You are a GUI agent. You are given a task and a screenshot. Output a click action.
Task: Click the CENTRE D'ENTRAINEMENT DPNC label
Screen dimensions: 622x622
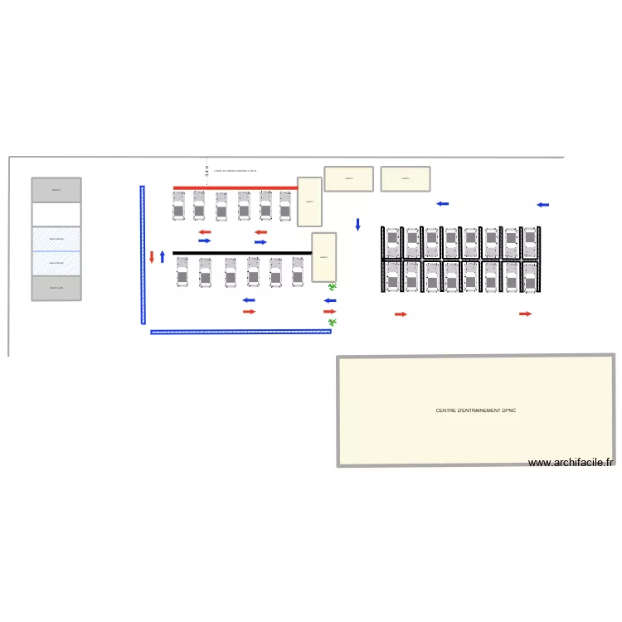pos(475,411)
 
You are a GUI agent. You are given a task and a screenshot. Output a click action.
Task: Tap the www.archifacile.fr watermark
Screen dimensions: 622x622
pos(571,463)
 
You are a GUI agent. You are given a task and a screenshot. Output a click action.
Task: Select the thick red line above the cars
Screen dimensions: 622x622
pos(235,188)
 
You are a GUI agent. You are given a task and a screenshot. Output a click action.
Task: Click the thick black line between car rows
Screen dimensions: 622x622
pos(241,253)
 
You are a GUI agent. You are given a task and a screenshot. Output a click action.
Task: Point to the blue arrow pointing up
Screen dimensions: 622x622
pos(163,256)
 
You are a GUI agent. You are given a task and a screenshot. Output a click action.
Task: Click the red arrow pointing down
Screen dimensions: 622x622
pos(152,257)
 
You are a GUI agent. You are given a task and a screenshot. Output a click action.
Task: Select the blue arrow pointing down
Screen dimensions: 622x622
pos(358,224)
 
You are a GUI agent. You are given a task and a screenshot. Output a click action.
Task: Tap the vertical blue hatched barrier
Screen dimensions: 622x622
pos(142,254)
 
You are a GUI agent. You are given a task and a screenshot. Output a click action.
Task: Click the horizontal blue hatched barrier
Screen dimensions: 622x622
pos(241,332)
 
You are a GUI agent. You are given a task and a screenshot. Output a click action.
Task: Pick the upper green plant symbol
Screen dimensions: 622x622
pos(333,287)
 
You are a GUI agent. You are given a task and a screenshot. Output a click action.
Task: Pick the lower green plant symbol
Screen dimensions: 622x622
pos(333,322)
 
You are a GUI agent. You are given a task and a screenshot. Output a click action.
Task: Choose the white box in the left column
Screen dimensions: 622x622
pos(56,214)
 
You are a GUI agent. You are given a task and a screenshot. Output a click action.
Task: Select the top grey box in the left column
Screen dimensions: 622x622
pos(56,190)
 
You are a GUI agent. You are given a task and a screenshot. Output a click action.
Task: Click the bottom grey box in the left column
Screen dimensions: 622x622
pos(56,288)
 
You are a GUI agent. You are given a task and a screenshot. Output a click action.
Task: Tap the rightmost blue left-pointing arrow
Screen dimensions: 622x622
pos(543,205)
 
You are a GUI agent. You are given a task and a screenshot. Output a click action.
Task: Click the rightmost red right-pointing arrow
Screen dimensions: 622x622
pos(525,314)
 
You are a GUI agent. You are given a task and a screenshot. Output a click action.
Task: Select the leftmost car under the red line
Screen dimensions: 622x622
pos(178,207)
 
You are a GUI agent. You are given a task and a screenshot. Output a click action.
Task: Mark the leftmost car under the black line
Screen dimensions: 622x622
pos(182,272)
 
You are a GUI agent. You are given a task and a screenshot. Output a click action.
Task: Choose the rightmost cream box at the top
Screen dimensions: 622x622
pos(405,178)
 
